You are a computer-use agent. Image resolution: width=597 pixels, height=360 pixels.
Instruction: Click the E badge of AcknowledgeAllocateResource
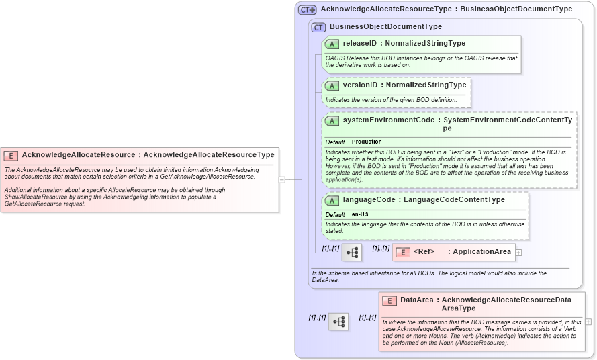(x=11, y=155)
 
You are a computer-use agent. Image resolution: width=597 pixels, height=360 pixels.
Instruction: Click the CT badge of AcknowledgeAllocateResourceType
(x=308, y=9)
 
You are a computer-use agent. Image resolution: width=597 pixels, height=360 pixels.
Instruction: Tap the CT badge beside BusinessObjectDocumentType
(x=318, y=27)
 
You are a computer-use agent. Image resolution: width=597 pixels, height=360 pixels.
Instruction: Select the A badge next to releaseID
(x=332, y=44)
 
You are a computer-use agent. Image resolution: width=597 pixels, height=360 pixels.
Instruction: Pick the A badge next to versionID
(x=332, y=85)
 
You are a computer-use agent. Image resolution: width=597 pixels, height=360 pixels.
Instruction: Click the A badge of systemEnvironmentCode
(x=332, y=121)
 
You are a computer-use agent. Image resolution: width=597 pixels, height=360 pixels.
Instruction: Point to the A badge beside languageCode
(x=332, y=200)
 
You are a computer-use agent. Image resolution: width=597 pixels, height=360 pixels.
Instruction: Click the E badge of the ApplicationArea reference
(x=403, y=252)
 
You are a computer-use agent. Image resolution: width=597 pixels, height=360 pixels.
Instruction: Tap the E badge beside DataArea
(x=389, y=301)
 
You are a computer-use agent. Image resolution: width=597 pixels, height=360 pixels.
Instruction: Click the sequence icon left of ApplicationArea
(x=352, y=253)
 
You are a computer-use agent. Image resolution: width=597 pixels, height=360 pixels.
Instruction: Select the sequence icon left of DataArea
(x=338, y=322)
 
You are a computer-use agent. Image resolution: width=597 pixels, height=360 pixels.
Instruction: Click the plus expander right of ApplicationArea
(x=518, y=253)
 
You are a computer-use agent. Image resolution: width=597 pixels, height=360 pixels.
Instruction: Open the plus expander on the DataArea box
(x=588, y=322)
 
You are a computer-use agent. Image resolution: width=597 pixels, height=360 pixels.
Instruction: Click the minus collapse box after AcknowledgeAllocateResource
(x=282, y=179)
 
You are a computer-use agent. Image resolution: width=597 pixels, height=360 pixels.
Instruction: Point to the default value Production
(x=367, y=142)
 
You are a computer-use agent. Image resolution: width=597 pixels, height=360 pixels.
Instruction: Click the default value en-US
(x=360, y=214)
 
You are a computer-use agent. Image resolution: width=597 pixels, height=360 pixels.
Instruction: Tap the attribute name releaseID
(x=359, y=44)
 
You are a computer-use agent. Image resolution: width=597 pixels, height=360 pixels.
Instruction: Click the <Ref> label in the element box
(x=424, y=252)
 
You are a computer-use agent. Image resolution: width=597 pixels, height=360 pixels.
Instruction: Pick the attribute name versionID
(x=359, y=85)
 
